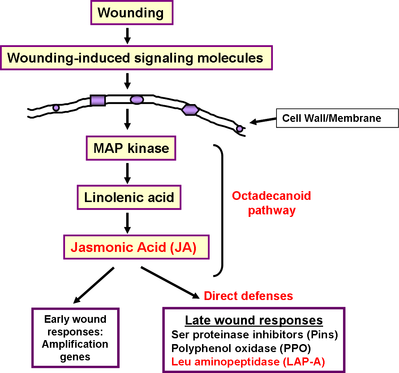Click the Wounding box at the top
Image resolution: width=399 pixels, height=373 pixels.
tap(131, 13)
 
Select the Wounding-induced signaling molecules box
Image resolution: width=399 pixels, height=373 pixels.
tap(136, 58)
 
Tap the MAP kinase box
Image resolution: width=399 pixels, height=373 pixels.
tap(131, 148)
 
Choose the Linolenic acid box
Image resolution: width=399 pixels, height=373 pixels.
tap(129, 197)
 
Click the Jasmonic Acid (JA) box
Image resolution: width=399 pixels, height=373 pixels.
tap(136, 248)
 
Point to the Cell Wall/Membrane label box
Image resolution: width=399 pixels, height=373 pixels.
tap(337, 118)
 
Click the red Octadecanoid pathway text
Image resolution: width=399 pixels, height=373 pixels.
tap(271, 203)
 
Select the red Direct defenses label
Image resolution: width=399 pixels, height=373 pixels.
tap(248, 296)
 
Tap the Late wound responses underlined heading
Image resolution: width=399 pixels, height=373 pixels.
tap(254, 320)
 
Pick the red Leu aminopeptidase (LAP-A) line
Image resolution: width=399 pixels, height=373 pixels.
tap(248, 361)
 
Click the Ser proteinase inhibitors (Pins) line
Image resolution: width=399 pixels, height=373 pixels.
tap(254, 335)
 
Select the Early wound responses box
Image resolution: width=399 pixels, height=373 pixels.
tap(75, 338)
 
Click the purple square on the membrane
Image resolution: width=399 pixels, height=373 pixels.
tap(98, 100)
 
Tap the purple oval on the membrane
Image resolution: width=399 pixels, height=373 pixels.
tap(137, 100)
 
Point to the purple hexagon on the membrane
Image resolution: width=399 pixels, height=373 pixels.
tap(190, 110)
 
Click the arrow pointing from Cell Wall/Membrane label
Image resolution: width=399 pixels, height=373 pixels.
tap(262, 121)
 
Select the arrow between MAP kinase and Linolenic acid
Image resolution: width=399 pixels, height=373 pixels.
tap(127, 173)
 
